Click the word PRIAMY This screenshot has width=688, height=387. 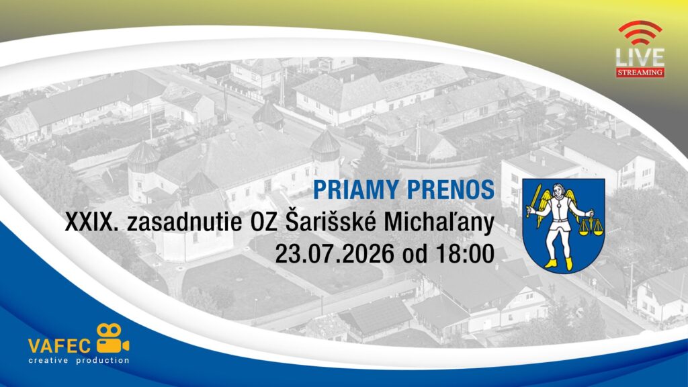click(356, 190)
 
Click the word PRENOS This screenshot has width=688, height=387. click(451, 190)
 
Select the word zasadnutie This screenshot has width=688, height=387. click(184, 222)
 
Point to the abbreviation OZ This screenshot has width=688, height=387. click(263, 222)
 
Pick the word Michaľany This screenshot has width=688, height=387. click(439, 223)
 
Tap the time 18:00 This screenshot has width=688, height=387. click(465, 253)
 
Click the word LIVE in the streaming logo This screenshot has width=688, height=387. click(640, 58)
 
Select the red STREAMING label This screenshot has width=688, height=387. click(640, 73)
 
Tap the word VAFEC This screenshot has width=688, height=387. click(59, 346)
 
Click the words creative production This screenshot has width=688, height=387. click(79, 361)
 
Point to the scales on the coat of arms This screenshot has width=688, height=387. click(591, 224)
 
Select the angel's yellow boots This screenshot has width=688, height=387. click(560, 263)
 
